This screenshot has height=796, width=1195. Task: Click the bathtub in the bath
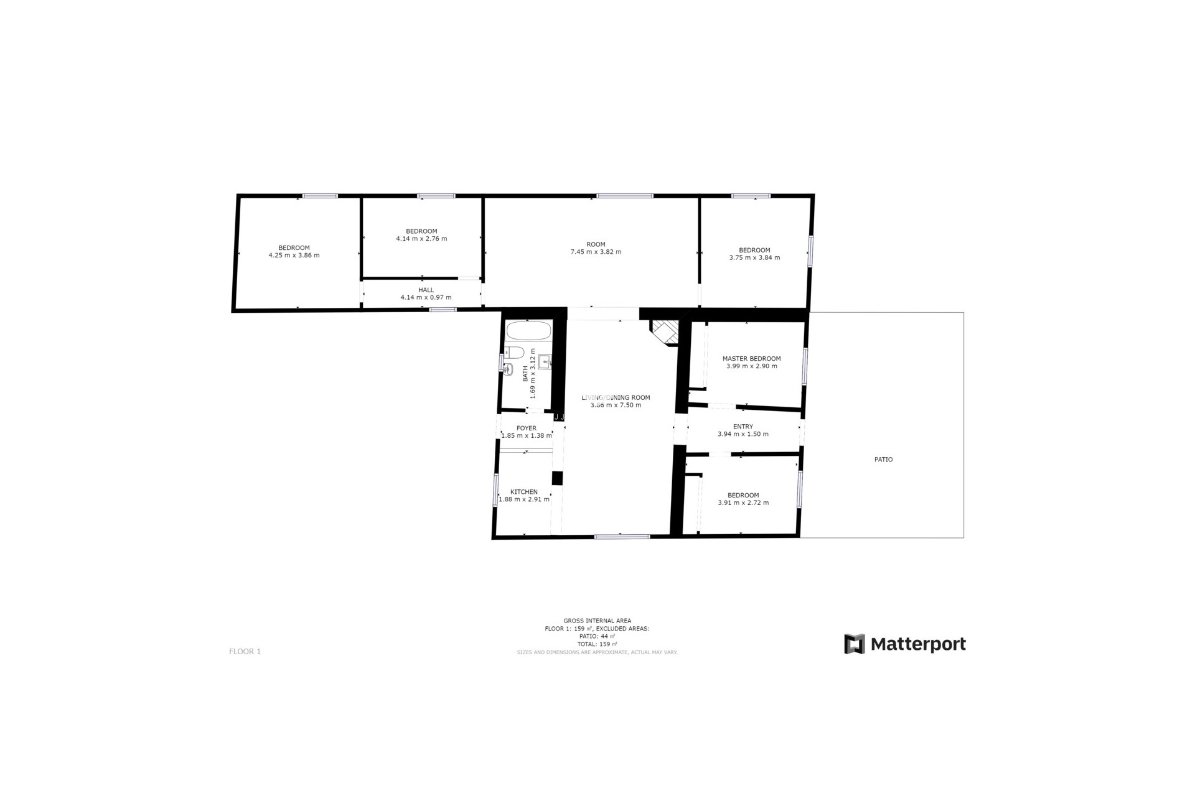tap(528, 330)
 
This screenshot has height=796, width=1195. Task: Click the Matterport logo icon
tap(854, 644)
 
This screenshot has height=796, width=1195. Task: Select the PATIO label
tap(883, 460)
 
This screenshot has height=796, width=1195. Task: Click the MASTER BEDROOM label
tap(751, 359)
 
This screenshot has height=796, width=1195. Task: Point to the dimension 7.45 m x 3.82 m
tap(596, 252)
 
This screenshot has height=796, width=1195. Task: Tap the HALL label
tap(426, 290)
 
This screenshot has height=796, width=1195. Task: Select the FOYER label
tap(526, 428)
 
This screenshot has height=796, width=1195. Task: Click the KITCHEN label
tap(523, 492)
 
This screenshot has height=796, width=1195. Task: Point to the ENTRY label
tap(743, 427)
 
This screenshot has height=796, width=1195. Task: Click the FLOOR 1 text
tap(245, 651)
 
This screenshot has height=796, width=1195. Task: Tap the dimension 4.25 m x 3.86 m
tap(294, 255)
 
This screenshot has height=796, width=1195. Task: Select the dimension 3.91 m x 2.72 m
tap(743, 502)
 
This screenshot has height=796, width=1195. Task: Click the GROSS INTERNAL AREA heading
tap(597, 621)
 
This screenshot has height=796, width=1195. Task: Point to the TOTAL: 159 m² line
tap(597, 644)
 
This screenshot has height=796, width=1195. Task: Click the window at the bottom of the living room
tap(622, 536)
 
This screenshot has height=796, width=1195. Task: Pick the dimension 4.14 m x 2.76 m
tap(421, 239)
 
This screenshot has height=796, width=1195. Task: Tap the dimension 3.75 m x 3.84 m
tap(754, 257)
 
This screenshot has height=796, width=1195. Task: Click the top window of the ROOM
tap(624, 196)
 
